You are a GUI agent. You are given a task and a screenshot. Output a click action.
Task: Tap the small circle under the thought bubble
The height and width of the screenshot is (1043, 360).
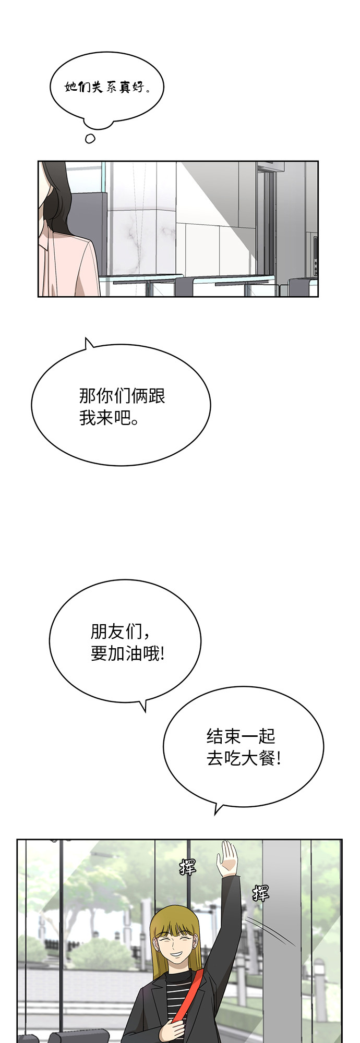point(90,138)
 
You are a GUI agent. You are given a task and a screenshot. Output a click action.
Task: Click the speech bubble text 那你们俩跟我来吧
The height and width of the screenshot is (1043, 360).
point(122,406)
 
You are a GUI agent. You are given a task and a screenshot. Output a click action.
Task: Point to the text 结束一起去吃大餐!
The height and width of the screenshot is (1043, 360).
point(244,747)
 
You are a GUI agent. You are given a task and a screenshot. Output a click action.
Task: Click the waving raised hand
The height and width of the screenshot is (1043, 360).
point(227,859)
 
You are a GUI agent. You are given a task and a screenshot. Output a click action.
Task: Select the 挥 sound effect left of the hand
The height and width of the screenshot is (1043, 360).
point(187,867)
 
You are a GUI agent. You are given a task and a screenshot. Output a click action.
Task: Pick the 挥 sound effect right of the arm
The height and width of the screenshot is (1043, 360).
point(260,893)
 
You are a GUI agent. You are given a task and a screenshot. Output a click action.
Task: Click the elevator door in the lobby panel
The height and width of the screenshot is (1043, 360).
point(267,219)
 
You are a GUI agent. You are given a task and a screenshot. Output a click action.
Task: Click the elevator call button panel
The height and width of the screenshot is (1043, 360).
point(315,256)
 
